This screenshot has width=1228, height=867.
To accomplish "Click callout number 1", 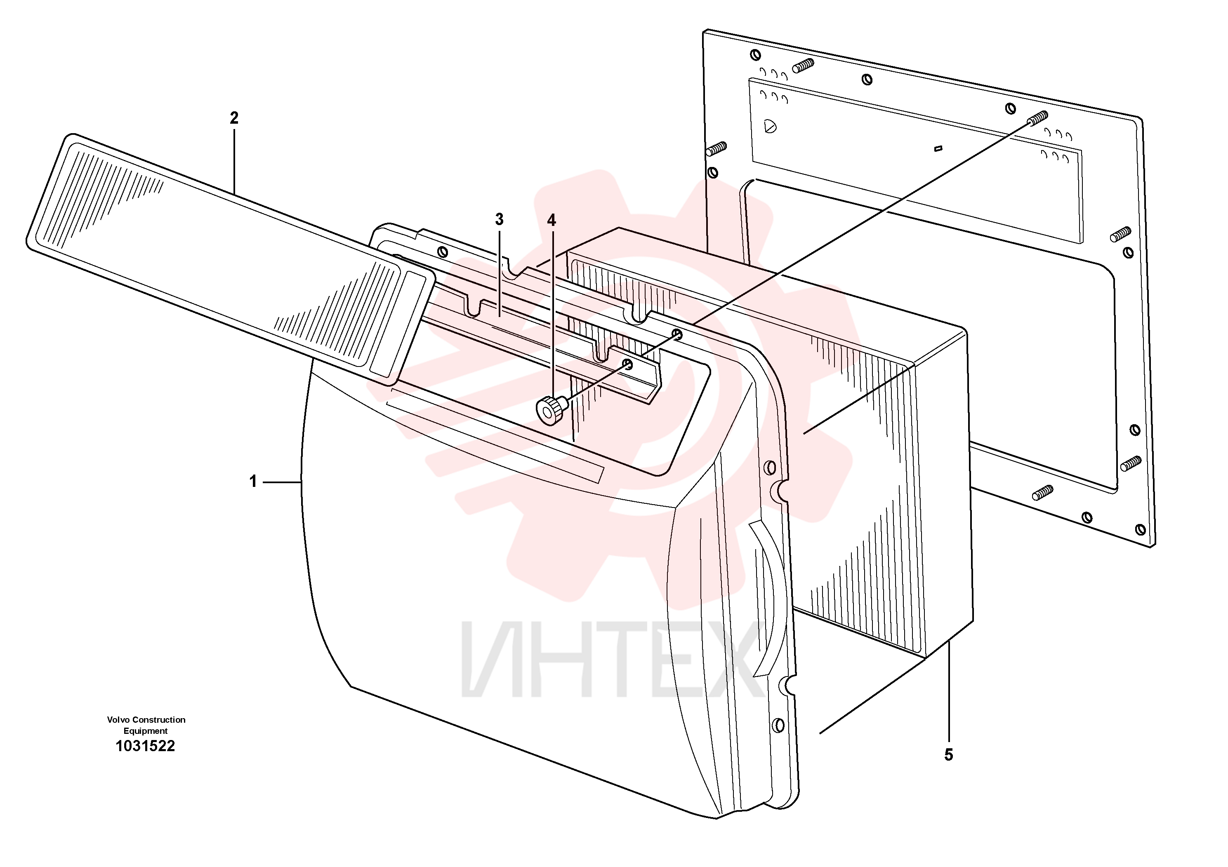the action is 253,482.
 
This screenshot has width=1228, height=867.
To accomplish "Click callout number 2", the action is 234,118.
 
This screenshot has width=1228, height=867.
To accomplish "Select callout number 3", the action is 499,219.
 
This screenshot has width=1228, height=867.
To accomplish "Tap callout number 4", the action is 552,220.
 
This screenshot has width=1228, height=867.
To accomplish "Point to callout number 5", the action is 948,755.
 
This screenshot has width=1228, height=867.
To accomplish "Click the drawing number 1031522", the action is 146,746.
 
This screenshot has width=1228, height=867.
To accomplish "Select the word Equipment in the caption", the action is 146,731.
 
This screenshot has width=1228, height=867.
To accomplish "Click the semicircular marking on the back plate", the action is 770,126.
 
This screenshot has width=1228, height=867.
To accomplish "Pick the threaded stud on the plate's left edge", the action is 716,148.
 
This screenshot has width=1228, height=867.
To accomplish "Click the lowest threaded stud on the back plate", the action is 1043,492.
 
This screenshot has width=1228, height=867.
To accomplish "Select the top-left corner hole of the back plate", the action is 755,54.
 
